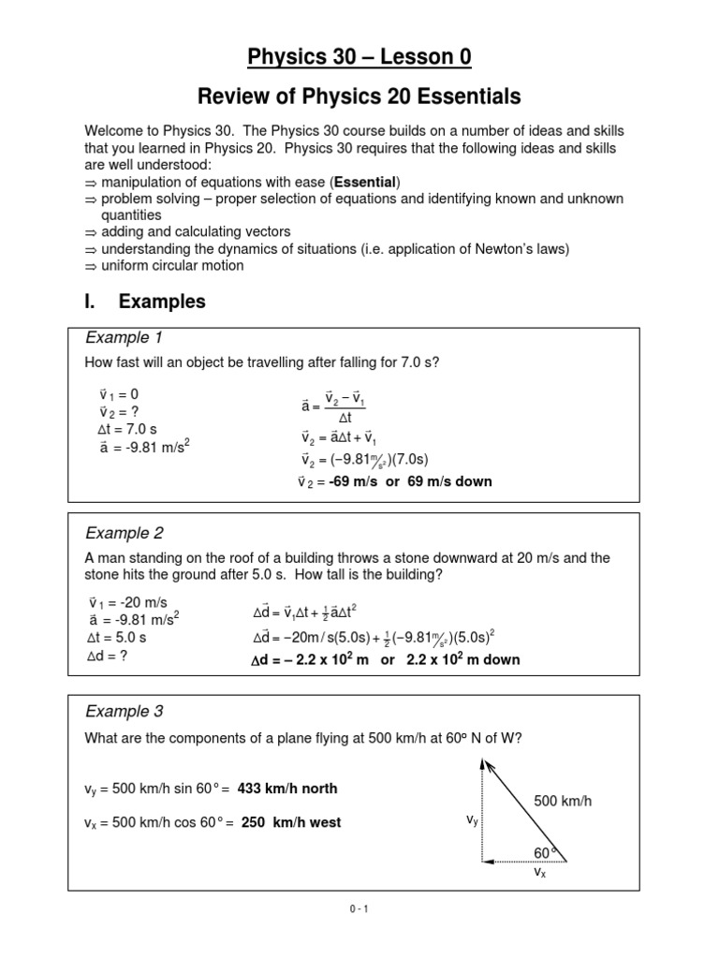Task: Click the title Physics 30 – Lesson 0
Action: [x=359, y=58]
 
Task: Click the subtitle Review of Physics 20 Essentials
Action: [x=359, y=96]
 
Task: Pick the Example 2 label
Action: [x=125, y=534]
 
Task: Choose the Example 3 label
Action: [x=125, y=712]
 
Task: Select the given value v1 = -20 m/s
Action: [x=127, y=603]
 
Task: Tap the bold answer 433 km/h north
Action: [x=287, y=789]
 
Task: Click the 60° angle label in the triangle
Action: [x=544, y=852]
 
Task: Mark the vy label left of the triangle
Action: [x=473, y=819]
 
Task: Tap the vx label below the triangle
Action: [x=539, y=871]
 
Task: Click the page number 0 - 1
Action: [x=359, y=908]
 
